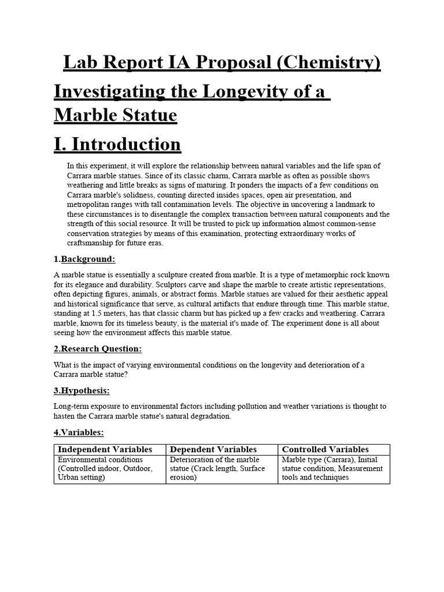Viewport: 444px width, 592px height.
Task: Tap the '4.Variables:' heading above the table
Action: click(79, 432)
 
